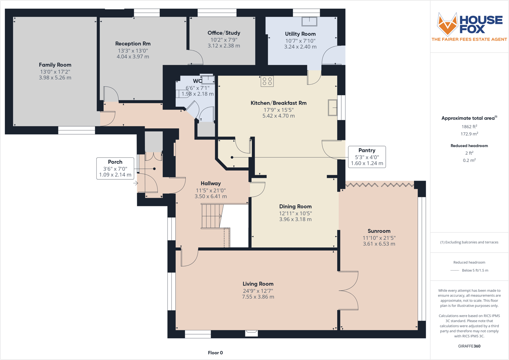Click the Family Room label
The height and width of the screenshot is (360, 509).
tap(55, 65)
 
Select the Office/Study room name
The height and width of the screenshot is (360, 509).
tap(224, 33)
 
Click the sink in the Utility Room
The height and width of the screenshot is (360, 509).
tap(309, 21)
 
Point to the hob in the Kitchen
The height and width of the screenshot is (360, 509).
tap(267, 81)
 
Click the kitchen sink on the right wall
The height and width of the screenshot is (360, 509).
tap(333, 108)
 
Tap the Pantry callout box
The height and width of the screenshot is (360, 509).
tap(366, 157)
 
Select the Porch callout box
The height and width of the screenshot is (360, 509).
tap(115, 168)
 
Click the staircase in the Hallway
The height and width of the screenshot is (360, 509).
tap(211, 216)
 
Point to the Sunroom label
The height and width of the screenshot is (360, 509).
tap(379, 231)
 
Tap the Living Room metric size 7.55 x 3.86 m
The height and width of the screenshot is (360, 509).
tap(258, 297)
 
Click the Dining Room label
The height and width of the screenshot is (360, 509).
tap(295, 207)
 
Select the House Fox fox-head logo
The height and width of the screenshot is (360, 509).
tap(447, 25)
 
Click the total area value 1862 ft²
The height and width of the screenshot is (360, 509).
tap(469, 127)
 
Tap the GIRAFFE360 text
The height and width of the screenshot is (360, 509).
tap(469, 346)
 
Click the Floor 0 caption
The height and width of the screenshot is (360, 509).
tap(215, 353)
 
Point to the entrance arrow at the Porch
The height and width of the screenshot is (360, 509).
tap(135, 184)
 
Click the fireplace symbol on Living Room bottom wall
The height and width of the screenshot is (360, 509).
tap(251, 333)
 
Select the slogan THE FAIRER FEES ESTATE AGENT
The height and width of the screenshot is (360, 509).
tap(469, 39)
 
